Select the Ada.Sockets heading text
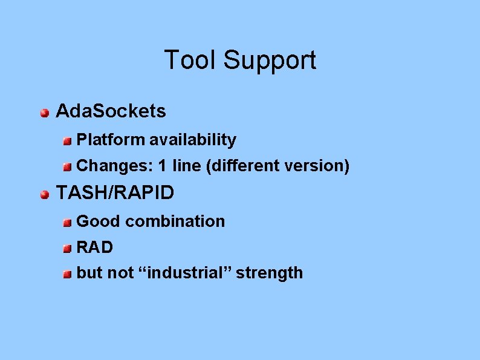(111, 111)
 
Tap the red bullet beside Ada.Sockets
(44, 113)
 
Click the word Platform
(111, 140)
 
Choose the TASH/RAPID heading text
(115, 193)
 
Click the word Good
(99, 221)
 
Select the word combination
(175, 221)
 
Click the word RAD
(95, 247)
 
